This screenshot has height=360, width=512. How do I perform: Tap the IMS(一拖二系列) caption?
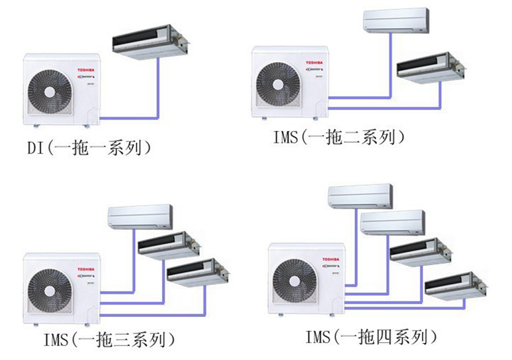(338, 137)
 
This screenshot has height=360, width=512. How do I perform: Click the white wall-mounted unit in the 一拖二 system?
(396, 21)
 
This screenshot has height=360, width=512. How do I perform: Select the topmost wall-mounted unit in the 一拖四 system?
(360, 196)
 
